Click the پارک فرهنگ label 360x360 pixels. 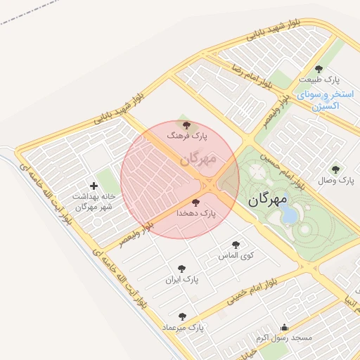point(186,136)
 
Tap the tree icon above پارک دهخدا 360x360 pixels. point(195,202)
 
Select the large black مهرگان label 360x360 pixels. point(268,199)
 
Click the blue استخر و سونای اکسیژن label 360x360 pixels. point(319,100)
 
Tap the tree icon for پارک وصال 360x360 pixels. point(335,169)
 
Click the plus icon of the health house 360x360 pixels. point(94,186)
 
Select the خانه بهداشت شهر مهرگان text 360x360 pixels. point(89,202)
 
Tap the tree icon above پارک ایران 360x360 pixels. point(181,268)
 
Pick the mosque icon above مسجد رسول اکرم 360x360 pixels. point(284,327)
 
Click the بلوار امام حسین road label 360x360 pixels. point(280,171)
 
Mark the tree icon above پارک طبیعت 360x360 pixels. point(319,69)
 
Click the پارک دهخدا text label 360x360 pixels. point(195,212)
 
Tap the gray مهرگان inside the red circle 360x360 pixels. point(198,159)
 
